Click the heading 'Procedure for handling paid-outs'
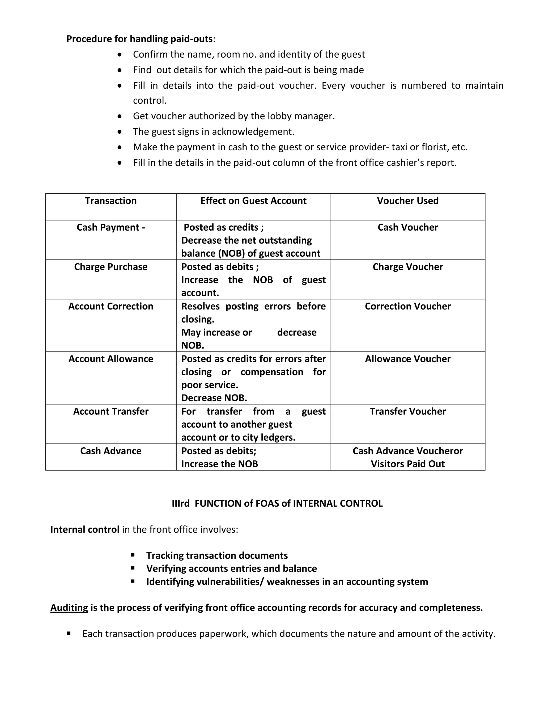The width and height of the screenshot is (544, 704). pyautogui.click(x=139, y=39)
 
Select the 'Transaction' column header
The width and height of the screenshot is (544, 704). pyautogui.click(x=111, y=201)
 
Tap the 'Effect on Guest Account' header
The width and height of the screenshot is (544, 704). pyautogui.click(x=253, y=201)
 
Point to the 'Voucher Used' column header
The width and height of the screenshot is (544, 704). pyautogui.click(x=408, y=201)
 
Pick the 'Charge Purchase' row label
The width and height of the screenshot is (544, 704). pyautogui.click(x=111, y=267)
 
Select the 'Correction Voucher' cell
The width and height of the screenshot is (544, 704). pyautogui.click(x=408, y=306)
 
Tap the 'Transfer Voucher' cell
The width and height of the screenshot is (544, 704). pyautogui.click(x=408, y=411)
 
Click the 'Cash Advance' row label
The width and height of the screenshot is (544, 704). pyautogui.click(x=111, y=451)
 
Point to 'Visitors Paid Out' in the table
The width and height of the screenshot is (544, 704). pyautogui.click(x=408, y=464)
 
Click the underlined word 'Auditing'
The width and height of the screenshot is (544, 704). pyautogui.click(x=69, y=608)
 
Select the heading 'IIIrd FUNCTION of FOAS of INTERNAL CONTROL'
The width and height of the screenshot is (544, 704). pyautogui.click(x=277, y=503)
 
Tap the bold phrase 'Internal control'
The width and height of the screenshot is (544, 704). pyautogui.click(x=85, y=530)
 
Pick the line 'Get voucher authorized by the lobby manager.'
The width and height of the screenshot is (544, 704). pyautogui.click(x=234, y=116)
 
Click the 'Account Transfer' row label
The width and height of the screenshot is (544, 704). pyautogui.click(x=111, y=411)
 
